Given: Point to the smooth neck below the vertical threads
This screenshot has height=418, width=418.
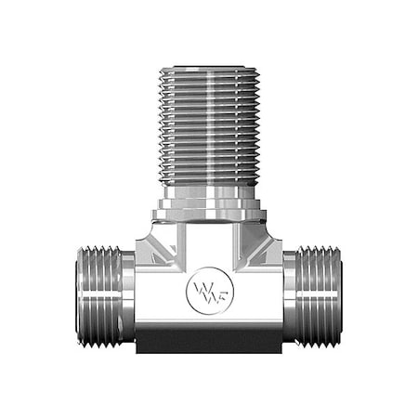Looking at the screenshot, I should point(207,196).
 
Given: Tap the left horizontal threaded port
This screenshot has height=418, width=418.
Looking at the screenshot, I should point(100,296).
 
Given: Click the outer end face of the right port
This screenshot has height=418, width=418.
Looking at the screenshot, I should point(339,296).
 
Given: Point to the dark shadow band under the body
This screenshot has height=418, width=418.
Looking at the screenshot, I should point(208,345).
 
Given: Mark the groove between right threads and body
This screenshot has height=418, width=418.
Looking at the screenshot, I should point(288,296).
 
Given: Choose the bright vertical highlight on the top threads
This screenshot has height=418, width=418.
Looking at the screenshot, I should point(223,121).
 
